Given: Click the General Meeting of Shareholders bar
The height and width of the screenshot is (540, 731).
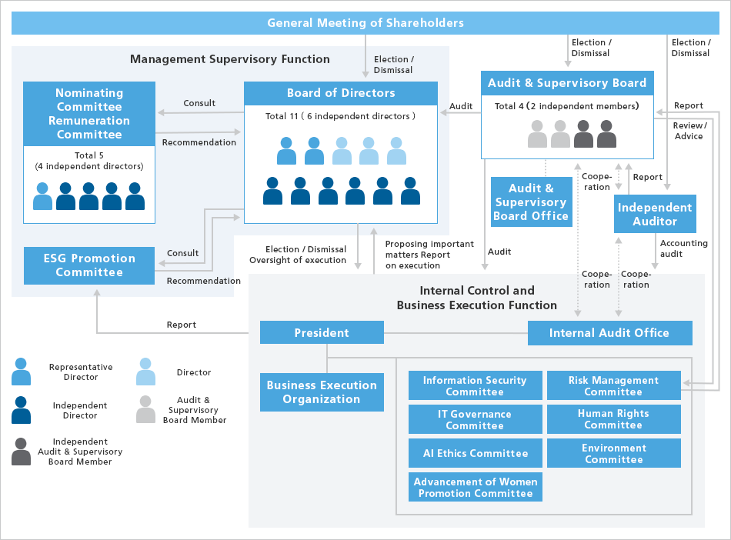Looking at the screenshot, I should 365,23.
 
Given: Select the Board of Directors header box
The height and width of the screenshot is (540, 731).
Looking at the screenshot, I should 341,93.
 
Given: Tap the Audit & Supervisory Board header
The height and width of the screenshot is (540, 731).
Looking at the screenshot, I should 567,83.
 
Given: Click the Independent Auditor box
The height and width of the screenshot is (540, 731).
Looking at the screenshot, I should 655,214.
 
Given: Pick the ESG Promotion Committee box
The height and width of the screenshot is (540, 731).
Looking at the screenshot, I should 89,265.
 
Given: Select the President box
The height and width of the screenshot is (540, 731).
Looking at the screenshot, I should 322,333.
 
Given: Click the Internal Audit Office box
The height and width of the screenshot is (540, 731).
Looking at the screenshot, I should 609,333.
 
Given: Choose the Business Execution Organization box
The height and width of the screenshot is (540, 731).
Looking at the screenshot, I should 322,392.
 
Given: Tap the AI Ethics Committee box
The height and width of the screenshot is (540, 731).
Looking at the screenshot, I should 475,453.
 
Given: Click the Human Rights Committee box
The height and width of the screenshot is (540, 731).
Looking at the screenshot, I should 613,419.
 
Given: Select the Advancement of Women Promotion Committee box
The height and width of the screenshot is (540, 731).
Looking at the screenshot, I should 475,488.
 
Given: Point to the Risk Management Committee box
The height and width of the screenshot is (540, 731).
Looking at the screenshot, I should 613,385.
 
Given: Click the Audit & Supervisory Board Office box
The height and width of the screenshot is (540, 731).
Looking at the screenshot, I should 531,202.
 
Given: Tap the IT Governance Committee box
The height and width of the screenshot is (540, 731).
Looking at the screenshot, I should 475,419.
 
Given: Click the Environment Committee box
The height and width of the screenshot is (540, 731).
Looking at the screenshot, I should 613,453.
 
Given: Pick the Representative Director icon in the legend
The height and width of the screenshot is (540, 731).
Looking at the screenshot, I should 22,372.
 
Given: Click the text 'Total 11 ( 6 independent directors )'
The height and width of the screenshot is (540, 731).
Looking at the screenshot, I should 341,116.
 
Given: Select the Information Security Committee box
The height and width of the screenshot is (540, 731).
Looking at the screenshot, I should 475,385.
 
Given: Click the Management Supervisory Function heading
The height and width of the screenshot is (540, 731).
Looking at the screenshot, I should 229,59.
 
